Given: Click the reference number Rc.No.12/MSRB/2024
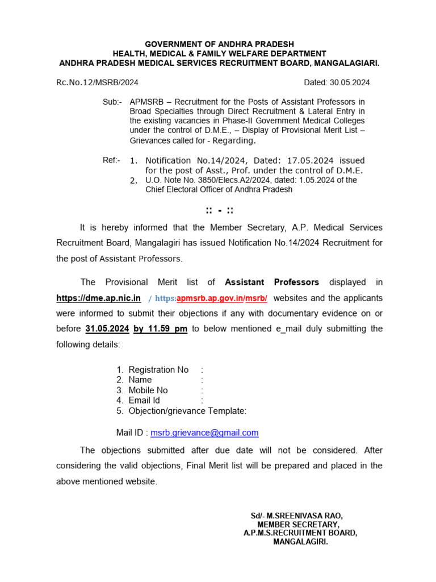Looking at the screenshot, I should point(97,82).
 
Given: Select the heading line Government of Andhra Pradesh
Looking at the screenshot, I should point(219,44).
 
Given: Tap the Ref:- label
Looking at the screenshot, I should point(111,160).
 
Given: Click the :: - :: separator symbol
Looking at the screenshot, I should point(219,211).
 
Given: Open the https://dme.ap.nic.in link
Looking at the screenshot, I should point(98,298).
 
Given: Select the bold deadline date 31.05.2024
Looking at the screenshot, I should point(107,329).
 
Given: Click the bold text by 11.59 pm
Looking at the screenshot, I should point(160,329).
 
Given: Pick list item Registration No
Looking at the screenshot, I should point(158,370).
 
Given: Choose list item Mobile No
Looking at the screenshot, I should point(148,390).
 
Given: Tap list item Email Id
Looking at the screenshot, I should point(144,401).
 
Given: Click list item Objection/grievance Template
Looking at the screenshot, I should point(187,411).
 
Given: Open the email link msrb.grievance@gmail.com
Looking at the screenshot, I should point(204,433).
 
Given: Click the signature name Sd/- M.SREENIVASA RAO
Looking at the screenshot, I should point(297,516).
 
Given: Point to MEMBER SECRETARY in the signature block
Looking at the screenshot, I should point(299,525).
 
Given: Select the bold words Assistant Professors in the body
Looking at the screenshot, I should point(272,282).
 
